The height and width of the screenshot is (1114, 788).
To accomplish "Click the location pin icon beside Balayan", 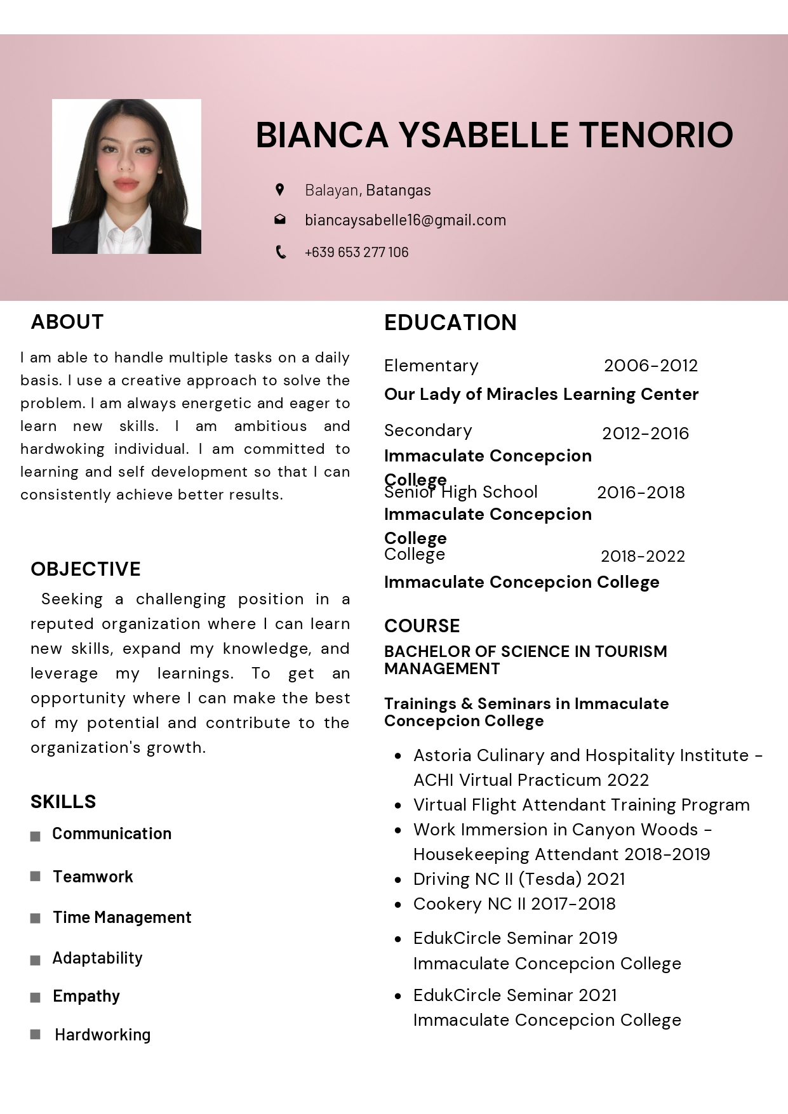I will coord(279,189).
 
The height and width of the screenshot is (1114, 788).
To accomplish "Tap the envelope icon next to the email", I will coord(279,220).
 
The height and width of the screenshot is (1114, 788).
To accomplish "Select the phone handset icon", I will coord(280,252).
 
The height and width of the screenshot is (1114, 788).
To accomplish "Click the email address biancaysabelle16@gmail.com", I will coord(405,220).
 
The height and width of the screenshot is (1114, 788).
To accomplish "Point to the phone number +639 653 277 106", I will coord(356,252).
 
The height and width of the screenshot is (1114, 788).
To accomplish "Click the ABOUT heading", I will coord(67,322).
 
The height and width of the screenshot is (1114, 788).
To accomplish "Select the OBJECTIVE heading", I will coord(86,569).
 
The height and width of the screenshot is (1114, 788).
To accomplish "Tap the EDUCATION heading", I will coord(450,322).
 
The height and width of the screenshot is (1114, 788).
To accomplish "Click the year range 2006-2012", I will coord(650,366).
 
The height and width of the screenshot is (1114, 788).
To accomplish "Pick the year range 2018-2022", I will coord(643,556).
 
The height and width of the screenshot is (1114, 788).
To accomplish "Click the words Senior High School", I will coord(461,492).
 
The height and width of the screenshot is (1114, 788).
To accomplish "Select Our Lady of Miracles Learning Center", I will coord(541,394).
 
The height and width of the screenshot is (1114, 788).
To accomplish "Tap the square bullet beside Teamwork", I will coord(36,876).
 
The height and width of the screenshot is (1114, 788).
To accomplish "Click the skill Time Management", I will coord(122,917).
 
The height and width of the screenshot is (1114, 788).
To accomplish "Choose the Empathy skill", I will coord(86,996).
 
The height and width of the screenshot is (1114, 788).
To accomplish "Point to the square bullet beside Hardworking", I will coord(36,1034).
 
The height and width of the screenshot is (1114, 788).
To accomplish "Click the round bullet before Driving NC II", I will coord(398,880).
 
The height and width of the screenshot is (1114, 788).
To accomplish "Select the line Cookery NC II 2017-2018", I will coord(514,903).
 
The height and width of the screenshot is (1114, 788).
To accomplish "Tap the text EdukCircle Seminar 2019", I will coord(515,938).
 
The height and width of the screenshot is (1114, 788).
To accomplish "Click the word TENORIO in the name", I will coord(656,135).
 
